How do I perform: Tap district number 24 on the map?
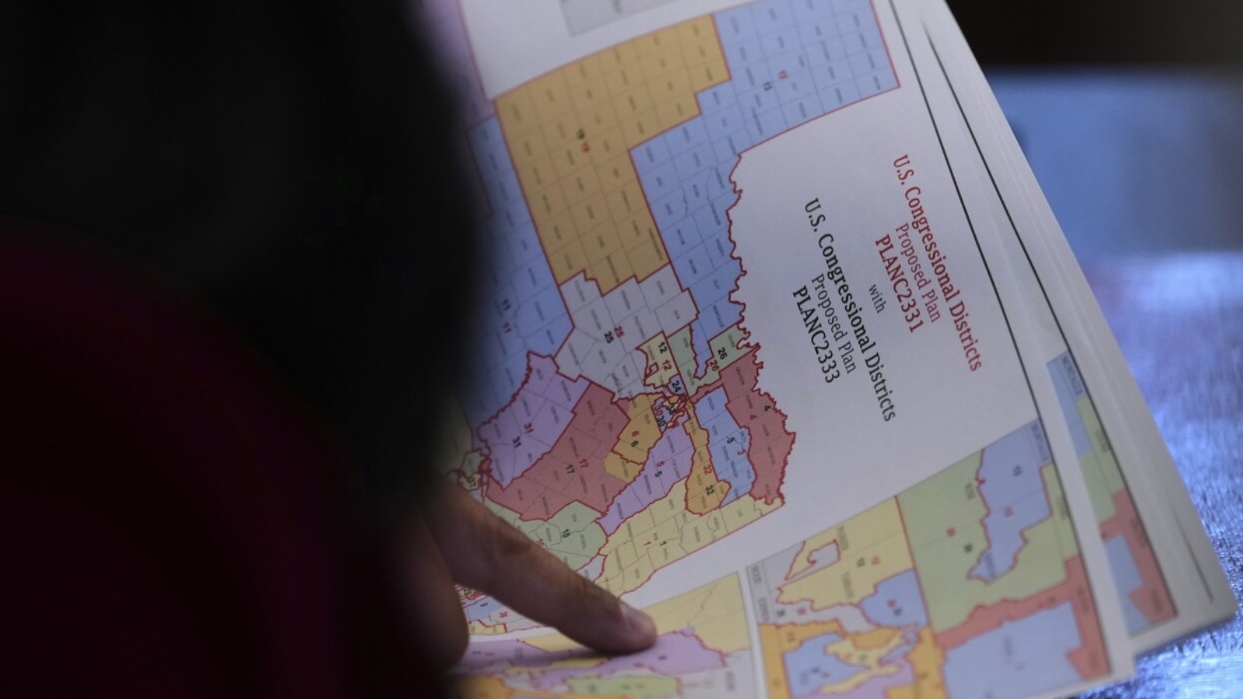[x=677, y=386]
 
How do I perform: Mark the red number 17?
[x=583, y=463]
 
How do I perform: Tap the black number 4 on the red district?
[x=767, y=409]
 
